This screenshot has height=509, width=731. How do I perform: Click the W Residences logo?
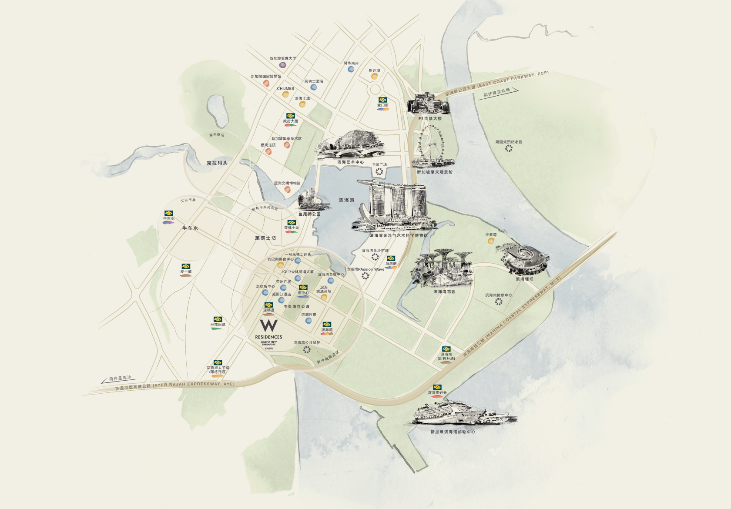[268, 330]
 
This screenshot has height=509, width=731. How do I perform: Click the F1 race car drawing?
[427, 104]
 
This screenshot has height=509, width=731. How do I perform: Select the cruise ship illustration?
[461, 413]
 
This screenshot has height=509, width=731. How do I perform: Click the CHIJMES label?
[285, 88]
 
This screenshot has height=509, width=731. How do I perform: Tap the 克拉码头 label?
[217, 163]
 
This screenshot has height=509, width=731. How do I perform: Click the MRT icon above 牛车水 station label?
[168, 213]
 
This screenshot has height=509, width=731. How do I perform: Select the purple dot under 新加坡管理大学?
[282, 65]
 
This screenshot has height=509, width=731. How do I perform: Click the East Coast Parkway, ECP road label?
[513, 81]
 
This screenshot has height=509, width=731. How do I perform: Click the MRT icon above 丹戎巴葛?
[217, 319]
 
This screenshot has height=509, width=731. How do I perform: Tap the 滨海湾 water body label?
[346, 201]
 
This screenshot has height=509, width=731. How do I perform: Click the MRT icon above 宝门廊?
[382, 100]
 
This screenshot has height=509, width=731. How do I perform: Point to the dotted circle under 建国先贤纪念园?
[509, 148]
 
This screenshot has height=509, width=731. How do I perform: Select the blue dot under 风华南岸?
[351, 70]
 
